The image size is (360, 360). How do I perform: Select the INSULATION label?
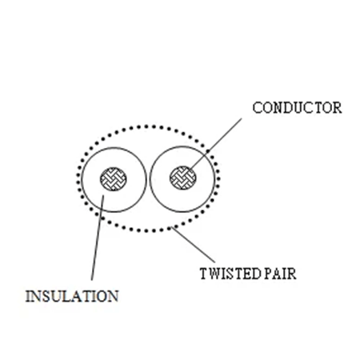(x=73, y=296)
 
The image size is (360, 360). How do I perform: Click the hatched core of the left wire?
(x=112, y=178)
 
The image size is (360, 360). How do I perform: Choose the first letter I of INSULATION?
(x=30, y=296)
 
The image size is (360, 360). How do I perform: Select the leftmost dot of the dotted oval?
(x=78, y=177)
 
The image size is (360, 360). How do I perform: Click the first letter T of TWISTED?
(x=202, y=274)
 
